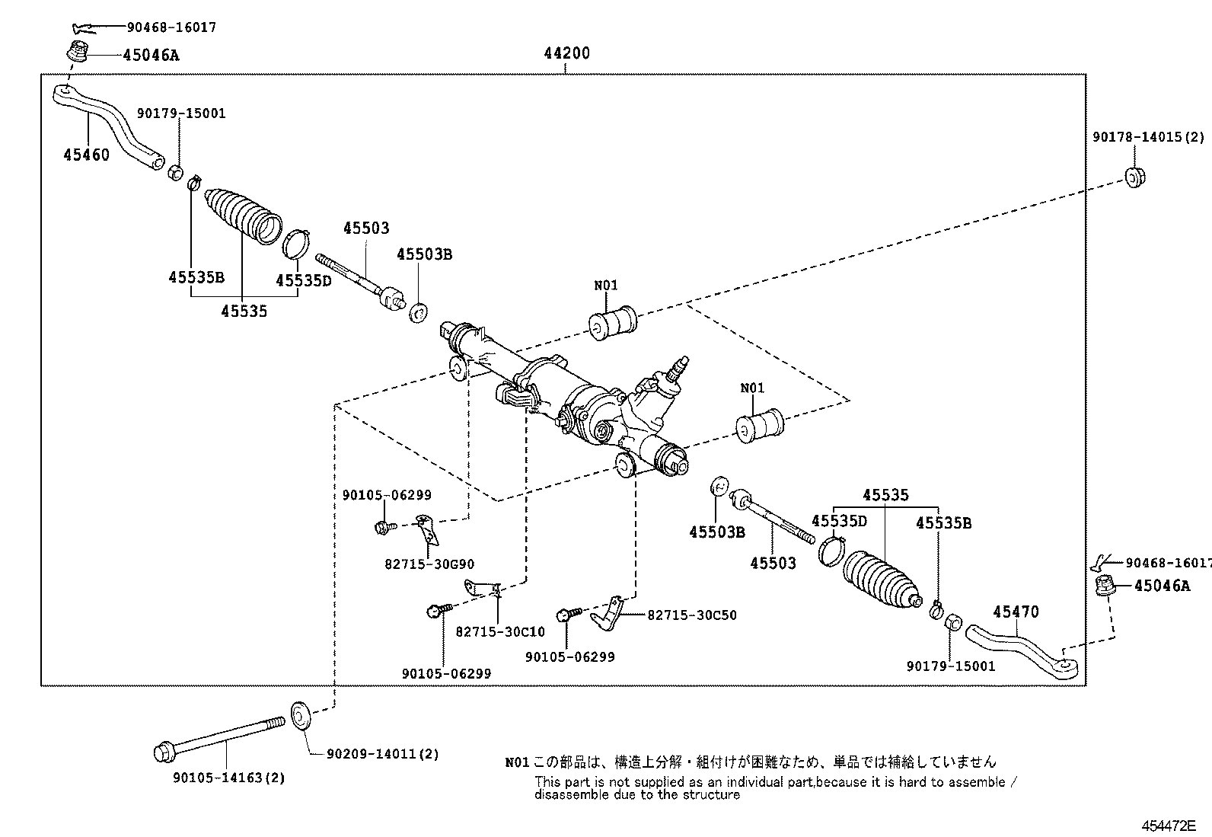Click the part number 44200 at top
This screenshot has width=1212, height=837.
coord(566,54)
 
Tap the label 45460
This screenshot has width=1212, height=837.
coord(86,155)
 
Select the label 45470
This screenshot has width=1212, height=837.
coord(1016,612)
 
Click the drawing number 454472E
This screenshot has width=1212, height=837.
coord(1168,826)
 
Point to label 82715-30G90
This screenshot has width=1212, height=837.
coord(429,564)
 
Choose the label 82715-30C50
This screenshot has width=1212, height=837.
coord(692,615)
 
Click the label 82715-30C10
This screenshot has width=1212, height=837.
coord(500,631)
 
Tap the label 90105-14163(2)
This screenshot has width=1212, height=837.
coord(228,778)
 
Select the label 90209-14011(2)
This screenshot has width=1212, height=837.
coord(383,754)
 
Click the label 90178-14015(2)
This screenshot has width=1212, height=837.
coord(1147,137)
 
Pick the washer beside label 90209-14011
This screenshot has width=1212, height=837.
coord(301,716)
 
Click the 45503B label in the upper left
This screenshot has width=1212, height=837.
coord(424,254)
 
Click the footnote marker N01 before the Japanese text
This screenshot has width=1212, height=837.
coord(516,762)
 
